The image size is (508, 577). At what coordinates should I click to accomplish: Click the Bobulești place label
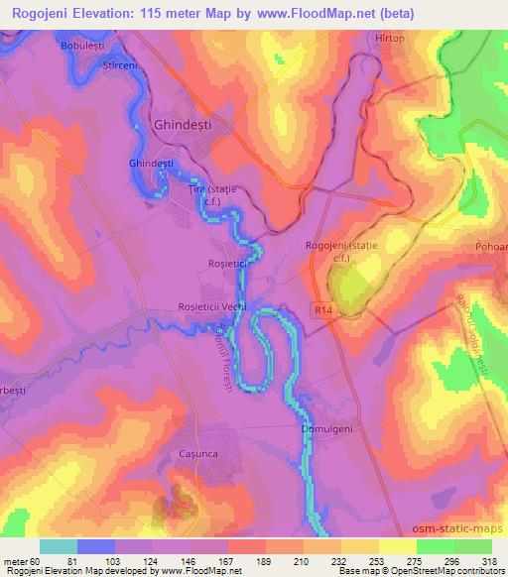click(x=82, y=48)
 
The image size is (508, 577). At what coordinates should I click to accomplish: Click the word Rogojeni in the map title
click(x=48, y=13)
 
